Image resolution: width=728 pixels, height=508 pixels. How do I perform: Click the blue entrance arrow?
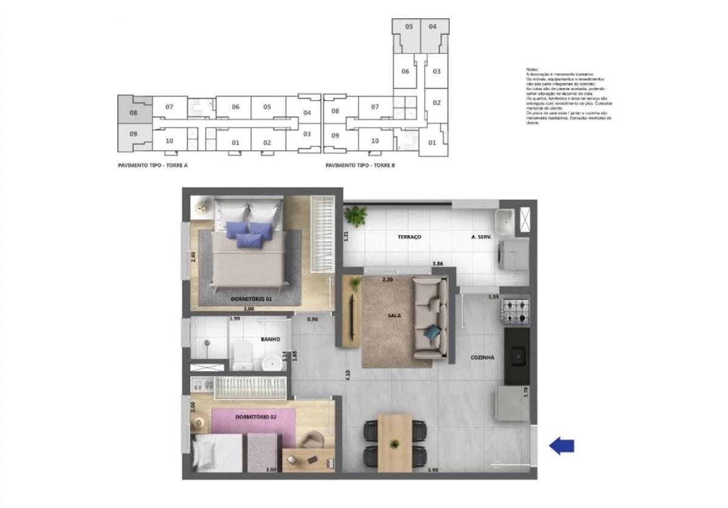[x=561, y=447]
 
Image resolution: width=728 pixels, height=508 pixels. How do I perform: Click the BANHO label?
[x=270, y=339]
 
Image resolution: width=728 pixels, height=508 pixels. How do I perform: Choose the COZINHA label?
[x=482, y=358]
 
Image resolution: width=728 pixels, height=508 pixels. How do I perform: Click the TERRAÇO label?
[x=410, y=237]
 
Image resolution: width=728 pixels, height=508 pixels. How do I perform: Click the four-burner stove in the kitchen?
[x=515, y=311]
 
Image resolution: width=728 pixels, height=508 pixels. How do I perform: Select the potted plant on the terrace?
[x=355, y=215]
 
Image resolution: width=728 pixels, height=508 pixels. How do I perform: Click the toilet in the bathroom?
[x=242, y=354]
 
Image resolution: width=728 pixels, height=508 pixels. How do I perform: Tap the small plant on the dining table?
[x=394, y=442]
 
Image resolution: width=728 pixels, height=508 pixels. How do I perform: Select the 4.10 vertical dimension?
[x=347, y=376]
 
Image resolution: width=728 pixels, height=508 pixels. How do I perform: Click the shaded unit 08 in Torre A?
[x=134, y=112]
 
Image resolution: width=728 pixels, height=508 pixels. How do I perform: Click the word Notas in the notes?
[x=532, y=69]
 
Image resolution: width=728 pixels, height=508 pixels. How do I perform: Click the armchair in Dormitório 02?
[x=314, y=440]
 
